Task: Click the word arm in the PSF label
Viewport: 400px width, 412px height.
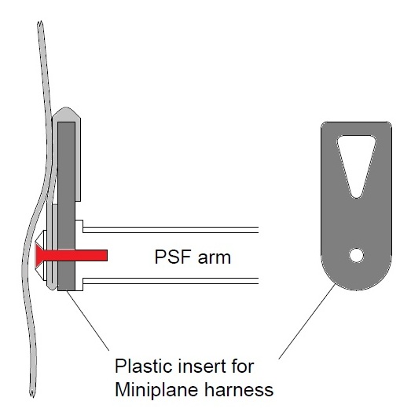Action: click(215, 257)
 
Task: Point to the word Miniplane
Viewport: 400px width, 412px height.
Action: click(157, 390)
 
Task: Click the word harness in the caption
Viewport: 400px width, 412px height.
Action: click(239, 389)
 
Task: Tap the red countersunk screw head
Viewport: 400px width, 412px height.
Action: click(39, 255)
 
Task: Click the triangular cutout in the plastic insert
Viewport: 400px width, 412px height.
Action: click(357, 163)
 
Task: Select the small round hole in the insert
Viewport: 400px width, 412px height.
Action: click(357, 255)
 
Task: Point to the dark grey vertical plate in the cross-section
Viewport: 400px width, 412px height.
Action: click(66, 206)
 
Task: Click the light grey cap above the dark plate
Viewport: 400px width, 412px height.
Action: click(66, 114)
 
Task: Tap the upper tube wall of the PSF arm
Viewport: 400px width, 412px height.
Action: click(171, 230)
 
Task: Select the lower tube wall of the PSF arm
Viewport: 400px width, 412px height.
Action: click(171, 281)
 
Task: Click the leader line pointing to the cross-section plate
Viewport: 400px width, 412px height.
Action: click(88, 320)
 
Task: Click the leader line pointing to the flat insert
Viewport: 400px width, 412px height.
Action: click(307, 321)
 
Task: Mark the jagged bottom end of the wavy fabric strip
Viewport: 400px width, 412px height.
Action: click(32, 393)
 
